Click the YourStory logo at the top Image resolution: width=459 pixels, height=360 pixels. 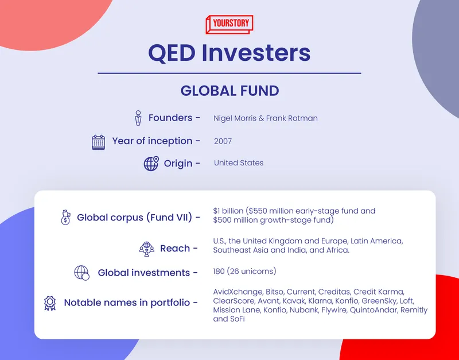[x=229, y=25]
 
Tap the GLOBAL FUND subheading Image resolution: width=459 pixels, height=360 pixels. [x=229, y=91]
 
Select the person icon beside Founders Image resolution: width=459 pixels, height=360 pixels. [x=138, y=118]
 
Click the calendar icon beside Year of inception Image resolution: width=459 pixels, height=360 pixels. [x=98, y=142]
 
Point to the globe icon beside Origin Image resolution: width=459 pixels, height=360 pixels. [x=151, y=164]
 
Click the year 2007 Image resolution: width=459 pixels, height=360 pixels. [x=223, y=141]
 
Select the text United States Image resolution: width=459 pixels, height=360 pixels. [x=239, y=163]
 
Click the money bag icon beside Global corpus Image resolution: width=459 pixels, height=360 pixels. [x=65, y=218]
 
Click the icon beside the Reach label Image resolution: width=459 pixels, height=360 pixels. [x=146, y=249]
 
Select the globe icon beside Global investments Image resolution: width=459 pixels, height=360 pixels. [x=82, y=273]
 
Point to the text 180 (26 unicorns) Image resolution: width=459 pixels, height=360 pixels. [x=244, y=271]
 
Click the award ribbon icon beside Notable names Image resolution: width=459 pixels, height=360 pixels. [x=50, y=303]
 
